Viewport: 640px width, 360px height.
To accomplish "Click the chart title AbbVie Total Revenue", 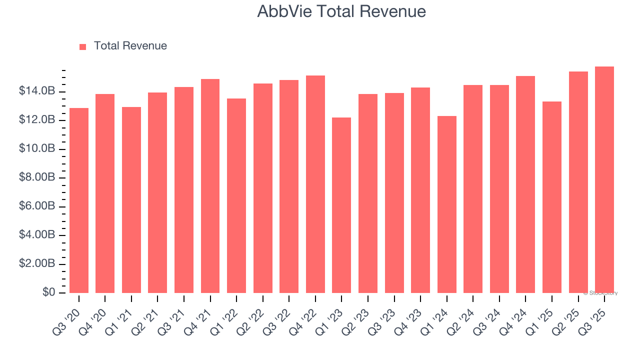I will (341, 11).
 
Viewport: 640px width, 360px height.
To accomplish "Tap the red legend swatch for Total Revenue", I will (82, 46).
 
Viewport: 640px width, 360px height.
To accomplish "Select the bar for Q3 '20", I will (79, 200).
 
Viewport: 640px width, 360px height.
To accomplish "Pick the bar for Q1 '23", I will (341, 205).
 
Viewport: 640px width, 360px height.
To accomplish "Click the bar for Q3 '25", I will (604, 180).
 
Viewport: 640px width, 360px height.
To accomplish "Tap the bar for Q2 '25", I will (578, 182).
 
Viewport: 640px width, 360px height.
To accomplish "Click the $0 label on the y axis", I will (48, 292).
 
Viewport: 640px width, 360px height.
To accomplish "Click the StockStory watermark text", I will (600, 293).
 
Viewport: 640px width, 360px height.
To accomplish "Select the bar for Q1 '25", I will (552, 197).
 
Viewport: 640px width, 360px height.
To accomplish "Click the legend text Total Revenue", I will (130, 46).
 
